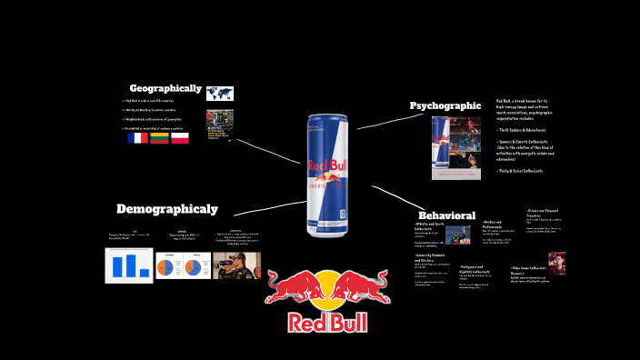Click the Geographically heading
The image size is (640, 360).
pos(165,88)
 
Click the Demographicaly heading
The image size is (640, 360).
pos(166,209)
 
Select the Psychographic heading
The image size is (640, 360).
pos(445,105)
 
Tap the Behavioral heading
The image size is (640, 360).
pos(446,215)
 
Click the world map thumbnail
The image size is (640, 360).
pos(220,94)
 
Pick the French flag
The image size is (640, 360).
pos(137,138)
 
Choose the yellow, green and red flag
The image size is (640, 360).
pos(160,138)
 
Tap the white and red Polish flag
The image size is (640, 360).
pos(180,138)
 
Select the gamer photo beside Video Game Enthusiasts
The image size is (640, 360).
pos(556,262)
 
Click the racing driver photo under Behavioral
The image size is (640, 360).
pos(458,235)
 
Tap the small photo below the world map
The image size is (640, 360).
pos(219,124)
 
